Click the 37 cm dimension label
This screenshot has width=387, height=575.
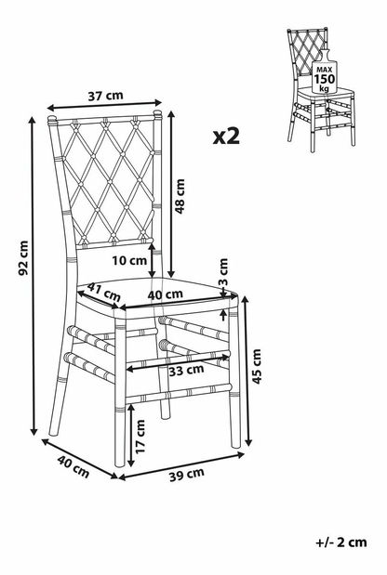coord(105,96)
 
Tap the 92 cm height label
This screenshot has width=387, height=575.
coord(23,258)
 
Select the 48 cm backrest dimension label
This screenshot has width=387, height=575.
coord(180,196)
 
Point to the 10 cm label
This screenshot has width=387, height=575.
coord(129,261)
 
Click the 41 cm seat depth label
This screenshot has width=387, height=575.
coord(104,292)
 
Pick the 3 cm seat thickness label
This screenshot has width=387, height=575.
coord(223,272)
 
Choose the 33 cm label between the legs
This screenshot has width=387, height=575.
coord(186,371)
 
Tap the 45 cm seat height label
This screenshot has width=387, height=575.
coord(257,366)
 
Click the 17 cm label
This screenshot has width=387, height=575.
coord(140,437)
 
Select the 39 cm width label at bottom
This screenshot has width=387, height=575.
coord(187,475)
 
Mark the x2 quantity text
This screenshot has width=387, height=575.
coord(227,136)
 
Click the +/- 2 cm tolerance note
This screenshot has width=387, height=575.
coord(341,542)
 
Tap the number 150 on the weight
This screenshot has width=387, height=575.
coord(325,79)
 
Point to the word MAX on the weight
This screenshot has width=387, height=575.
coord(325,70)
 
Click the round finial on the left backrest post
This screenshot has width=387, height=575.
coord(52,119)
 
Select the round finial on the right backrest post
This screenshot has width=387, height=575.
coord(157,113)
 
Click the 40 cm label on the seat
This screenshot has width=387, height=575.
coord(165,294)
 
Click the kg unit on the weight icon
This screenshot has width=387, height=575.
coord(324,88)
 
